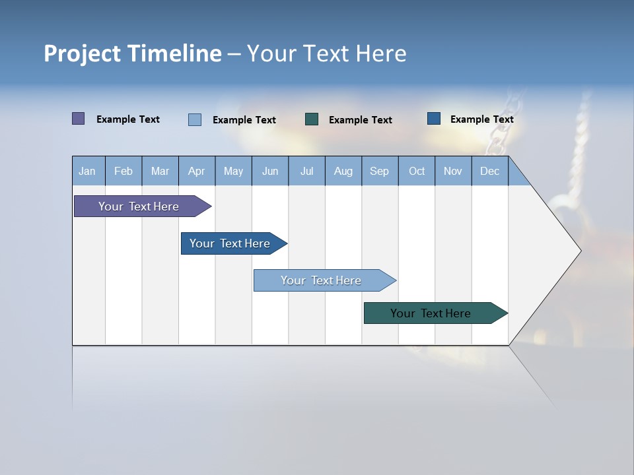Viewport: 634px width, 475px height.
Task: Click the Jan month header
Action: tap(88, 171)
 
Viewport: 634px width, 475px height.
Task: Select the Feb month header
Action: tap(123, 171)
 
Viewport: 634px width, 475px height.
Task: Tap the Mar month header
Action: tap(160, 171)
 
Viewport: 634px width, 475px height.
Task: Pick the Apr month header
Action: tap(197, 171)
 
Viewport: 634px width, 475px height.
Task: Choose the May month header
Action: tap(233, 171)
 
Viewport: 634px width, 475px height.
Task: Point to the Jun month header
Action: tap(270, 171)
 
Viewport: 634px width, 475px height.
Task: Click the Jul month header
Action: tap(306, 171)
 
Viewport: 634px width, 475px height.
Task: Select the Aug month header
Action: tap(343, 171)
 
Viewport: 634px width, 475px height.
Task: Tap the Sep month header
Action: tap(380, 171)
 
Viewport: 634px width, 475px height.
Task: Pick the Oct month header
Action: tap(417, 171)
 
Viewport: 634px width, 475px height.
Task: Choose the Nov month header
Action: tap(453, 171)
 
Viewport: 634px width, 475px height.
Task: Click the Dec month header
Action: tap(490, 171)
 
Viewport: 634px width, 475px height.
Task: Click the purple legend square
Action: tap(79, 119)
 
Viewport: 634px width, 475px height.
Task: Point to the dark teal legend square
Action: tap(312, 119)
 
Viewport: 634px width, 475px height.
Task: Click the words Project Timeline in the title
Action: tap(133, 53)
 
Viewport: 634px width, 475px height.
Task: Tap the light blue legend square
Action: tap(195, 119)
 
